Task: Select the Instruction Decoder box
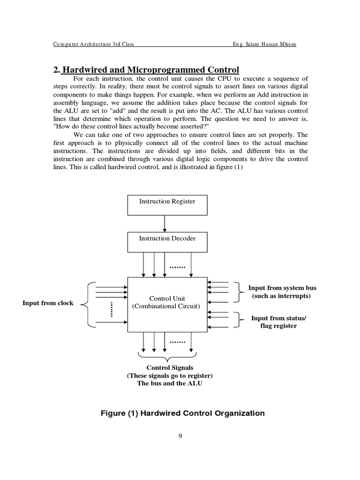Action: pyautogui.click(x=167, y=242)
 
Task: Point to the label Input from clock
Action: pyautogui.click(x=48, y=303)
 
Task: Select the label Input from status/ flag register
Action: pyautogui.click(x=278, y=322)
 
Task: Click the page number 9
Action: pyautogui.click(x=180, y=436)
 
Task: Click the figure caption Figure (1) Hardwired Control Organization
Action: pyautogui.click(x=183, y=413)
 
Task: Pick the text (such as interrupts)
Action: pyautogui.click(x=281, y=296)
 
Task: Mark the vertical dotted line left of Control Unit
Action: pyautogui.click(x=112, y=309)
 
